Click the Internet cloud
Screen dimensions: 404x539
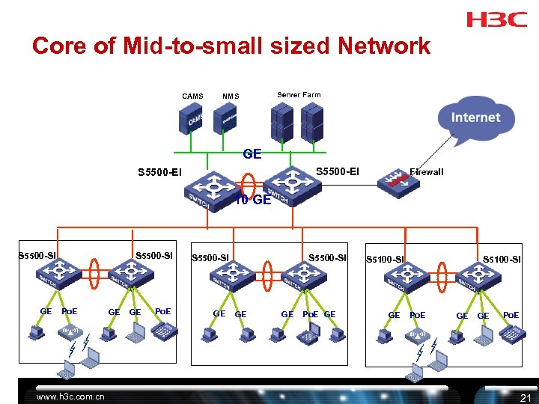pyautogui.click(x=475, y=118)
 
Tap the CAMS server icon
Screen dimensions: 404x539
pyautogui.click(x=192, y=119)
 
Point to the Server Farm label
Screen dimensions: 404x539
pyautogui.click(x=299, y=94)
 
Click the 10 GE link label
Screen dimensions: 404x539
pyautogui.click(x=252, y=200)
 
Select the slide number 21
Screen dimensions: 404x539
pyautogui.click(x=525, y=397)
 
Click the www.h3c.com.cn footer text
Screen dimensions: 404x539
pyautogui.click(x=72, y=397)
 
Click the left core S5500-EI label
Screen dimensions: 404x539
pyautogui.click(x=159, y=174)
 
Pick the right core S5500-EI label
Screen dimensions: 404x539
pyautogui.click(x=337, y=171)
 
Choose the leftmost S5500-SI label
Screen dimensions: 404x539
pyautogui.click(x=37, y=256)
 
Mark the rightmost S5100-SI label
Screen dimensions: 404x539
pyautogui.click(x=502, y=260)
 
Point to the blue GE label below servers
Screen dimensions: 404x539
pyautogui.click(x=252, y=154)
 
